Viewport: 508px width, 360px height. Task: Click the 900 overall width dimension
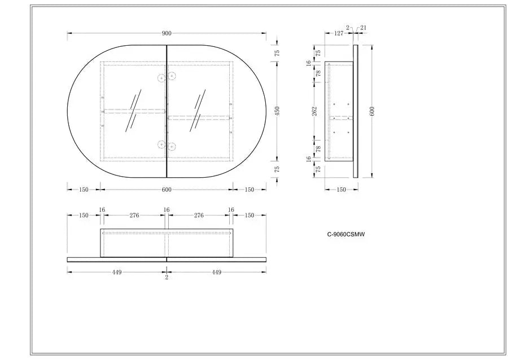167,33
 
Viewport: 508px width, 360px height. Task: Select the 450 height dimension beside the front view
277,111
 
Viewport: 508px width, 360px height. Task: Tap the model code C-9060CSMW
345,235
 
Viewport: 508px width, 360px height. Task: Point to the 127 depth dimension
339,33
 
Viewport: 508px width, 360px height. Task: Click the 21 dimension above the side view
363,28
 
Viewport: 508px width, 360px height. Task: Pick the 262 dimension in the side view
315,111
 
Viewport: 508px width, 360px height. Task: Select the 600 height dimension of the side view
372,111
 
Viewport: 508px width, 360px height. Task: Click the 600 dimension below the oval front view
167,190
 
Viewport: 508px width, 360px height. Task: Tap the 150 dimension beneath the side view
341,190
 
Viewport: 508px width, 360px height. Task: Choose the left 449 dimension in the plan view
117,273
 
